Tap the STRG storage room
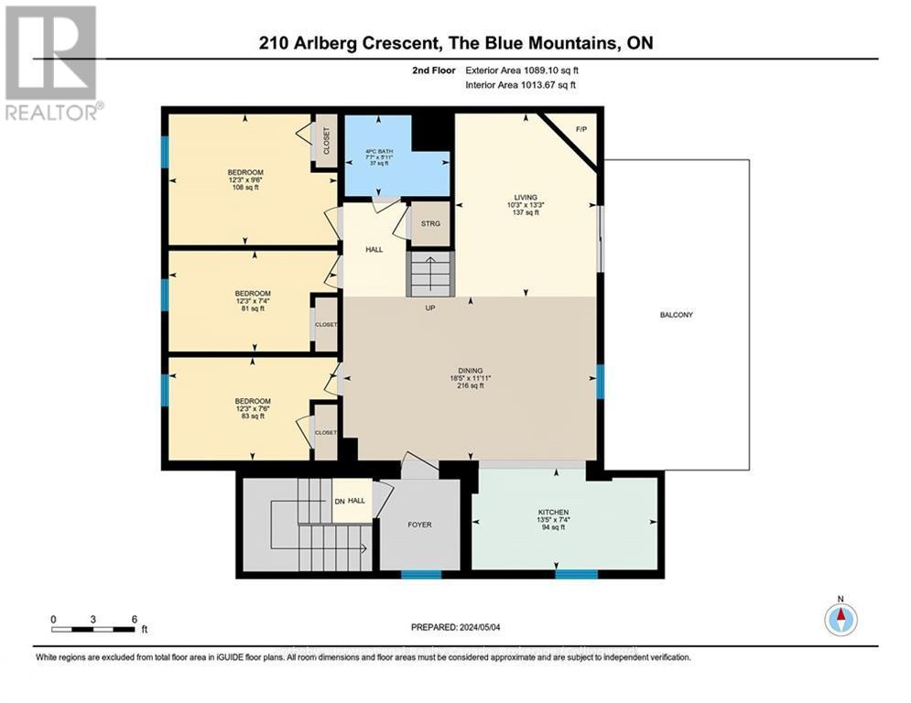click(x=430, y=223)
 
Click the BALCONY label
click(x=676, y=315)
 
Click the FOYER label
click(x=419, y=525)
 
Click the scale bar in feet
click(x=95, y=627)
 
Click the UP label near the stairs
click(x=429, y=308)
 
